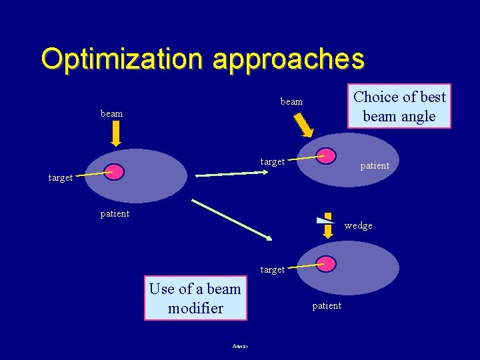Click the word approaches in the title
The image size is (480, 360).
coord(289,59)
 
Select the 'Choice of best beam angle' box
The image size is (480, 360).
coord(399,106)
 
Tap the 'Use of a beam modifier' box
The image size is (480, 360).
coord(195,298)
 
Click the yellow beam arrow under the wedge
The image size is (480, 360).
coord(328,230)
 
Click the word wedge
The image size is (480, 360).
coord(359,226)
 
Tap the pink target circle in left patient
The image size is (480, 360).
coord(114,172)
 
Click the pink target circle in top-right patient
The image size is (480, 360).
coord(325,156)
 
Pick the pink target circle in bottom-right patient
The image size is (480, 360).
coord(326,263)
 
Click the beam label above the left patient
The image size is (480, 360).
coord(111,113)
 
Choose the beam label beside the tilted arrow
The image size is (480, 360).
coord(291,102)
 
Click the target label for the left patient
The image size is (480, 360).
coord(60,178)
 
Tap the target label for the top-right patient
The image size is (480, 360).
coord(272,161)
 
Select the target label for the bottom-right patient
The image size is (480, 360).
coord(272,270)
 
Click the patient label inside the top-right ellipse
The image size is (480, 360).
coord(375,165)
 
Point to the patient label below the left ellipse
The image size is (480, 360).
coord(115,214)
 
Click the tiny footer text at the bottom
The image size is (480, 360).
coord(240,346)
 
